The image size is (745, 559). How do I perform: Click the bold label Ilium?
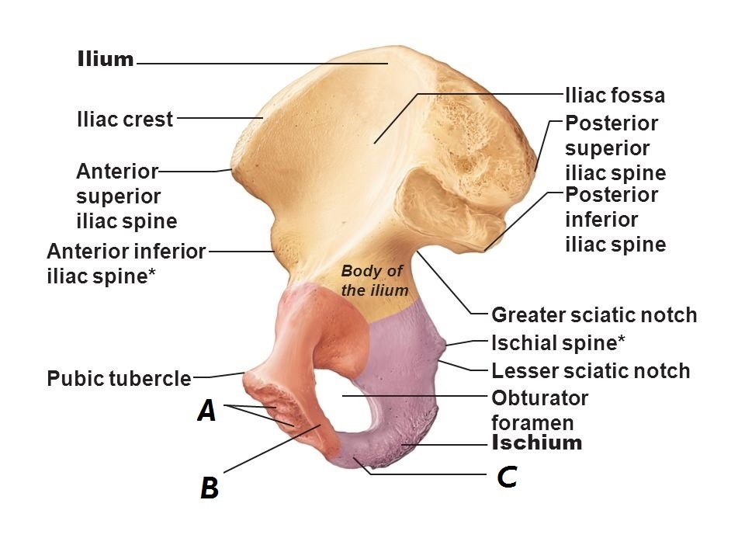coord(106,60)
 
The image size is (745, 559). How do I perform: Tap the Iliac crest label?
coord(125,120)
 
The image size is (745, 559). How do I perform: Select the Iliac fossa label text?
coord(615,95)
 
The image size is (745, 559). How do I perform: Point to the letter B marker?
coord(210,488)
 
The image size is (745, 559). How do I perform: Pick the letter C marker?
coord(507,476)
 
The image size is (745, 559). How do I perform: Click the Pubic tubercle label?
coord(119,379)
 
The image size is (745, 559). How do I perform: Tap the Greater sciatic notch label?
coord(594,315)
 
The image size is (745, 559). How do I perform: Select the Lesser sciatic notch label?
coord(591,371)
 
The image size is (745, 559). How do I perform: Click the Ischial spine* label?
coord(559,342)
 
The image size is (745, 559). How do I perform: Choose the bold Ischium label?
coord(537,443)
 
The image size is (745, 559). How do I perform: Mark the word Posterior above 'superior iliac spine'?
coord(612,123)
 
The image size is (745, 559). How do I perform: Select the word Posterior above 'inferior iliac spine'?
coord(612,195)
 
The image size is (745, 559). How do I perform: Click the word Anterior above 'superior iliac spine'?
coord(117,171)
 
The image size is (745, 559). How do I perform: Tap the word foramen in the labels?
coord(532,423)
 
